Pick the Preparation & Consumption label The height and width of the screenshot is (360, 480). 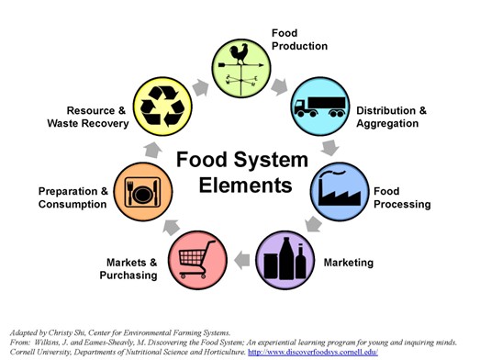pos(73,197)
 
